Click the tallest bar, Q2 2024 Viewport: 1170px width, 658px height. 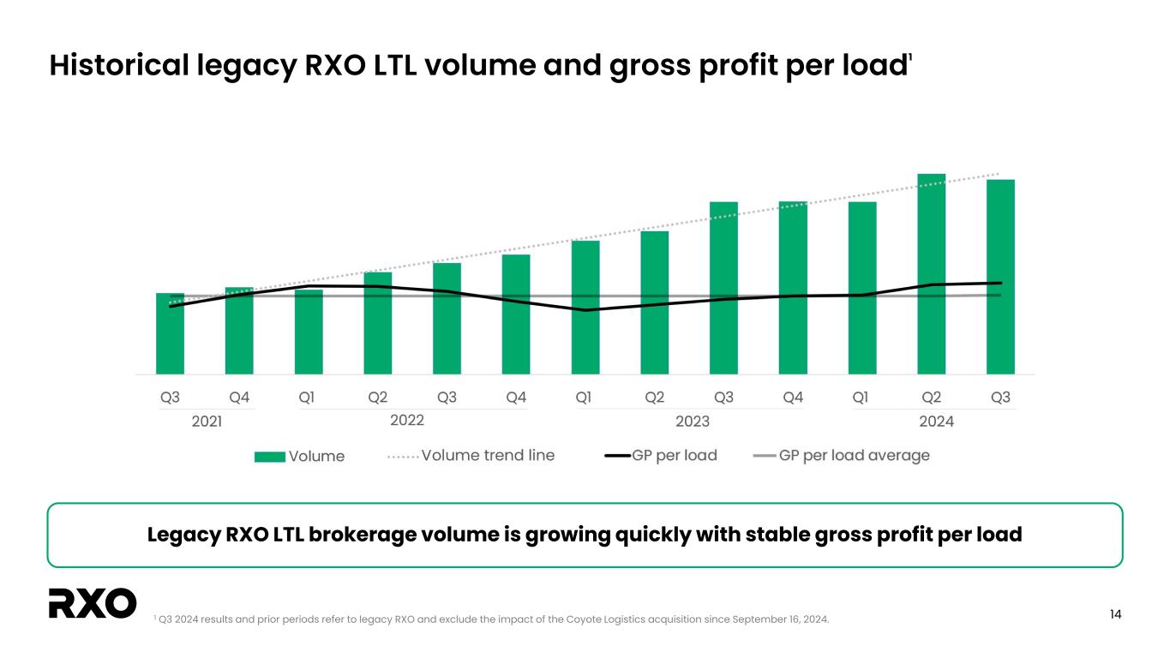point(931,274)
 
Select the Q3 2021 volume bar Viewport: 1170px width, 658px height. point(170,333)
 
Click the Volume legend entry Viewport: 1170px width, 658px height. point(300,456)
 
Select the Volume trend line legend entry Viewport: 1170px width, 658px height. point(471,455)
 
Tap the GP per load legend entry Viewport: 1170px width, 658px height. point(661,455)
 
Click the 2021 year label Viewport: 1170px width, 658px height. point(206,422)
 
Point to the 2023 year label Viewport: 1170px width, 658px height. point(693,422)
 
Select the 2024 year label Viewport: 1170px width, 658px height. point(936,422)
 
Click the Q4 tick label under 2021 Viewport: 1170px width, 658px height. point(239,398)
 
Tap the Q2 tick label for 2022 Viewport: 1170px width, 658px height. point(377,398)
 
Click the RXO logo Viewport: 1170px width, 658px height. point(93,603)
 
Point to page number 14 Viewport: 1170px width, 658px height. point(1115,614)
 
